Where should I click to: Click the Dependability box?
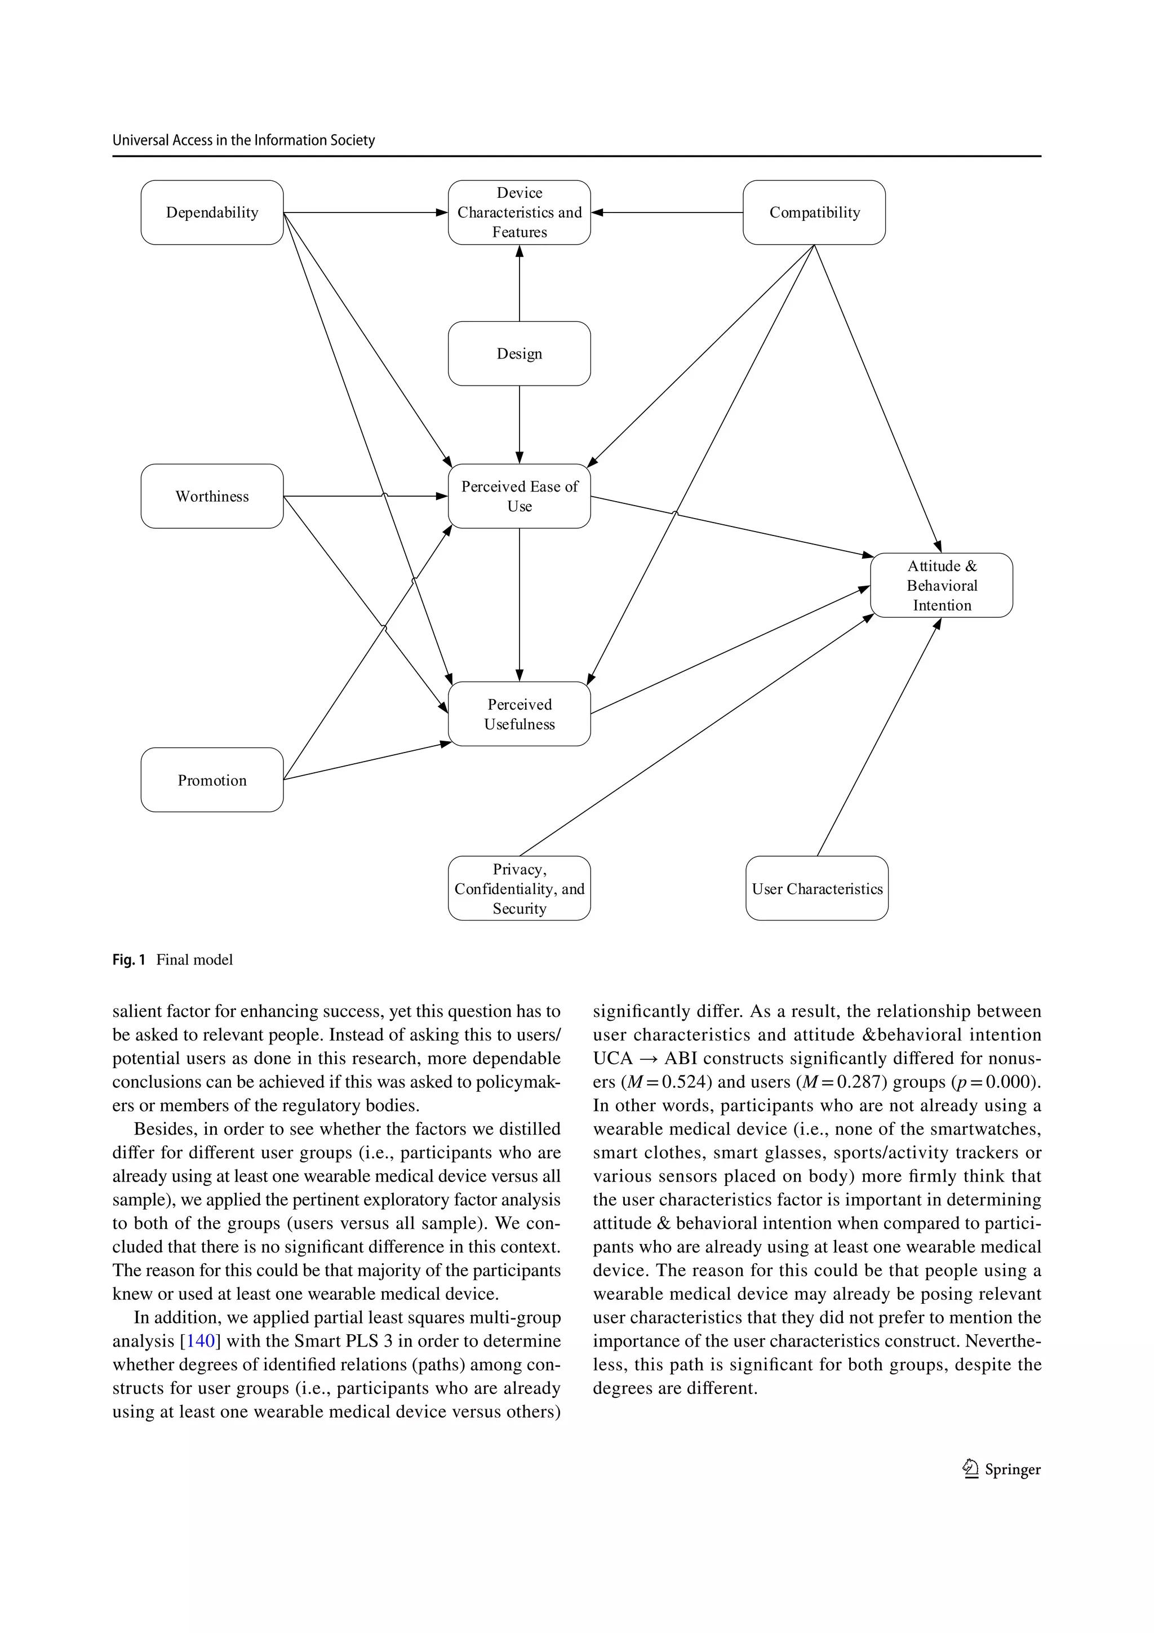(x=212, y=213)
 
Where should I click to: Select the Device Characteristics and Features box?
(x=519, y=213)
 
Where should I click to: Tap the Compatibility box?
(x=814, y=213)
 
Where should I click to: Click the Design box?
(x=519, y=353)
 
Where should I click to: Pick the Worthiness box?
(x=212, y=497)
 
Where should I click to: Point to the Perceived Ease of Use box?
(x=519, y=497)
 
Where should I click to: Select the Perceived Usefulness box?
(x=519, y=714)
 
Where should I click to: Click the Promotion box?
(x=212, y=780)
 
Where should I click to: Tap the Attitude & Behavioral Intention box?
(x=942, y=585)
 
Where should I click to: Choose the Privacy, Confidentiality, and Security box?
(x=519, y=888)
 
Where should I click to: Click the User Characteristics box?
(x=817, y=888)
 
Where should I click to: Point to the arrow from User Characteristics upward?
(x=879, y=737)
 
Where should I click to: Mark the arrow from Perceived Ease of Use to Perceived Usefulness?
(x=519, y=604)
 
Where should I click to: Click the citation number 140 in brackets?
(x=200, y=1340)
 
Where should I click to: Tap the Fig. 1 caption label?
(x=128, y=960)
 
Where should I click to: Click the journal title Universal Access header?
(x=243, y=140)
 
